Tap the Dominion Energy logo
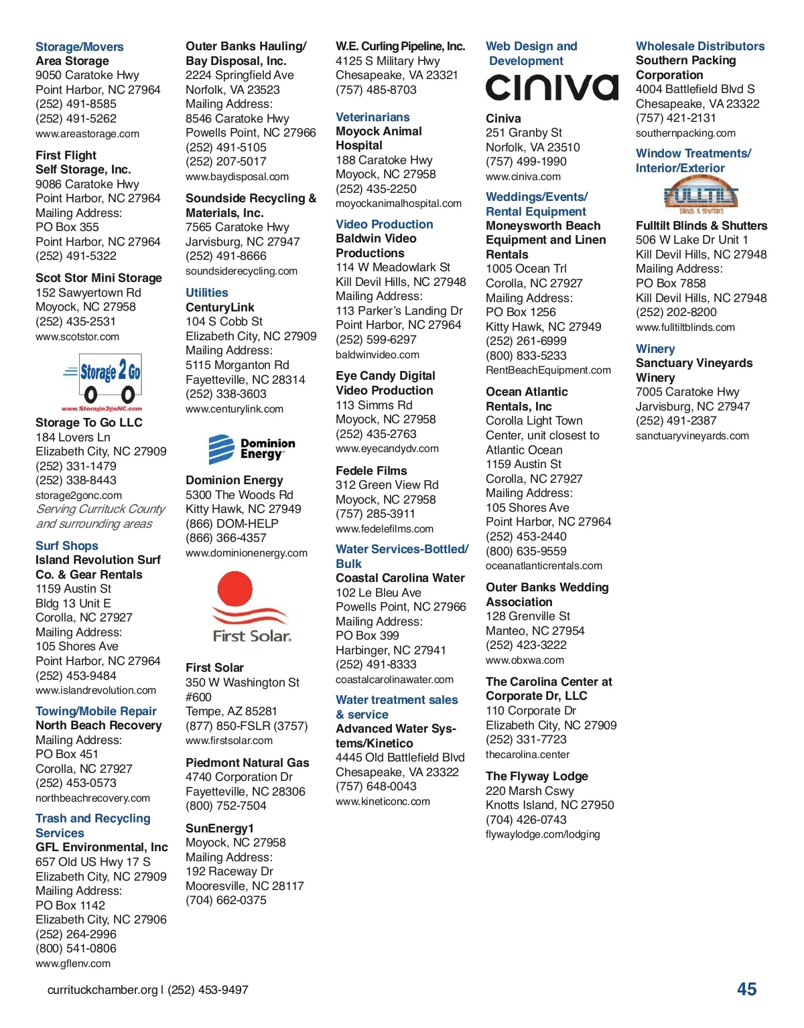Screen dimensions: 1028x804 pyautogui.click(x=252, y=449)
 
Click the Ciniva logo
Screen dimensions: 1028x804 pyautogui.click(x=551, y=88)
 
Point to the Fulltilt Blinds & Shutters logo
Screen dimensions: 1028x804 pyautogui.click(x=701, y=195)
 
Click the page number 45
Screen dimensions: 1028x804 pyautogui.click(x=746, y=989)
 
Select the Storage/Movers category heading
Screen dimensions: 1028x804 pyautogui.click(x=80, y=47)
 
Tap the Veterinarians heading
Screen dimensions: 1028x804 pyautogui.click(x=373, y=117)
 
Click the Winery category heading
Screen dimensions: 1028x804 pyautogui.click(x=655, y=349)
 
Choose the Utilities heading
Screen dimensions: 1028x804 pyautogui.click(x=207, y=293)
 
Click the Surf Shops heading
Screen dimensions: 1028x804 pyautogui.click(x=67, y=546)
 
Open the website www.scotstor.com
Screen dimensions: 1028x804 pyautogui.click(x=78, y=337)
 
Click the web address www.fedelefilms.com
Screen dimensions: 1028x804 pyautogui.click(x=385, y=529)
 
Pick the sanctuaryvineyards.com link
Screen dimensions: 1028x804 pyautogui.click(x=692, y=436)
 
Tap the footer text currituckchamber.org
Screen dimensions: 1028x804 pyautogui.click(x=103, y=990)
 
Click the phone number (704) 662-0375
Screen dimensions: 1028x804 pyautogui.click(x=226, y=900)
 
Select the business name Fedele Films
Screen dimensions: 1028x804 pyautogui.click(x=371, y=471)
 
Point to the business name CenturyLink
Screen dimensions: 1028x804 pyautogui.click(x=220, y=307)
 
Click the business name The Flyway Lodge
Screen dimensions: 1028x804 pyautogui.click(x=537, y=776)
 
